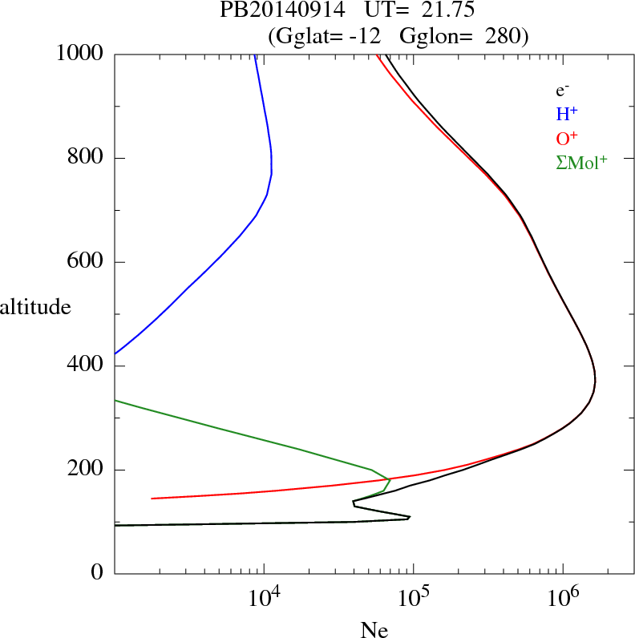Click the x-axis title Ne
click(374, 630)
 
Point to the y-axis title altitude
click(35, 306)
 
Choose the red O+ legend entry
click(568, 139)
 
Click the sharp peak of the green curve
click(390, 479)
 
